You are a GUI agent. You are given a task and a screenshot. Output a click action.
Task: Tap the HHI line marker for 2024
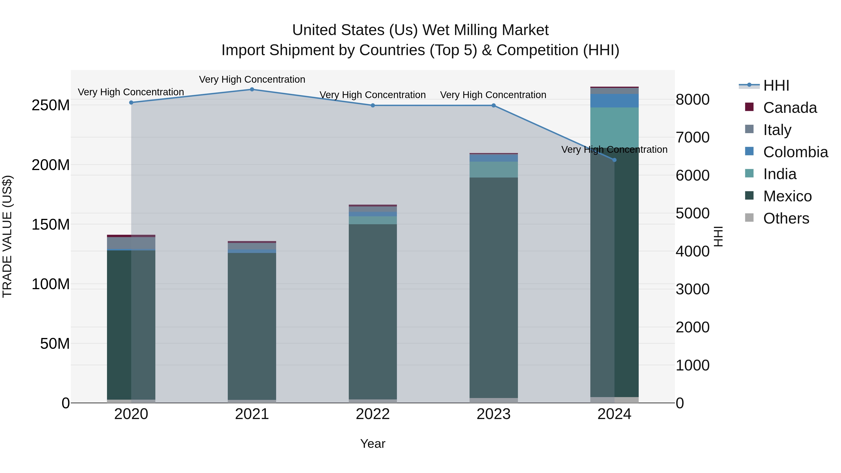tap(614, 160)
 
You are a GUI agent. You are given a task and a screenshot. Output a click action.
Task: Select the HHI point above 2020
tap(131, 103)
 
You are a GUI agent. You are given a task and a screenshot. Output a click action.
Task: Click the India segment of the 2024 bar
tap(614, 127)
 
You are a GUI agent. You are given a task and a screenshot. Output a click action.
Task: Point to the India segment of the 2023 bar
tap(493, 169)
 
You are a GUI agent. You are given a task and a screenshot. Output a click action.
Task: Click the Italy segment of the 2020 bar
tap(131, 243)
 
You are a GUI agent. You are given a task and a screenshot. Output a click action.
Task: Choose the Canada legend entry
tap(789, 108)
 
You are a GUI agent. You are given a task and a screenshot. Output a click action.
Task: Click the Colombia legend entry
tap(795, 152)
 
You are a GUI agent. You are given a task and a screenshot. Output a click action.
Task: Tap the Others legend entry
tap(786, 218)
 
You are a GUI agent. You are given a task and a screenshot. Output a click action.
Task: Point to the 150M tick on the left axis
tap(51, 224)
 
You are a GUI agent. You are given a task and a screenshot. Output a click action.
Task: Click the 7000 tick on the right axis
tap(692, 137)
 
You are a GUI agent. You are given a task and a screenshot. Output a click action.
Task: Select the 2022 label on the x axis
tap(373, 414)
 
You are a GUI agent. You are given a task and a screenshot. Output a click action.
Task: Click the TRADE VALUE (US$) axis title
tap(7, 236)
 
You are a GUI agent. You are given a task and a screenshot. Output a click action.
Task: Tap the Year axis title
tap(373, 444)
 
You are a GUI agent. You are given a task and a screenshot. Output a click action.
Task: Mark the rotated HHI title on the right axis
tap(719, 236)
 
